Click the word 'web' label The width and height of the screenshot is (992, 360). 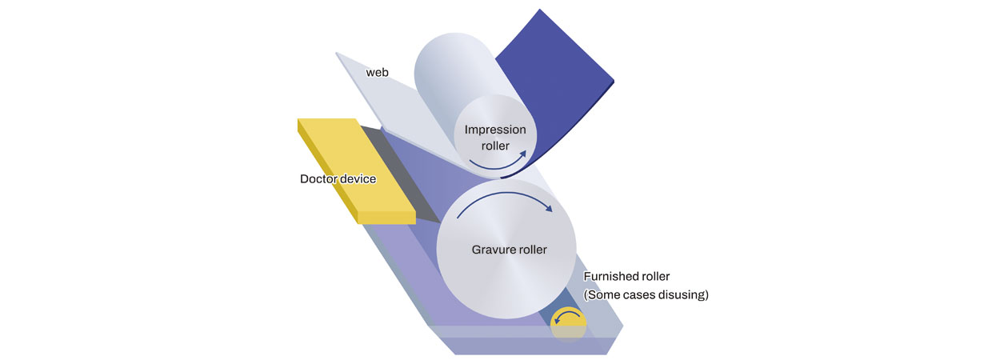click(x=378, y=73)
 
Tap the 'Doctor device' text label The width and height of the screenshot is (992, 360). click(x=338, y=179)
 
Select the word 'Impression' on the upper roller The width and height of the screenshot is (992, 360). click(x=495, y=130)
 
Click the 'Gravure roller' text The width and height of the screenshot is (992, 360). click(x=509, y=250)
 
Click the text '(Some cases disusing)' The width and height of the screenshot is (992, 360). click(x=646, y=295)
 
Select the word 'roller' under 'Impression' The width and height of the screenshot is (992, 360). click(x=496, y=146)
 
